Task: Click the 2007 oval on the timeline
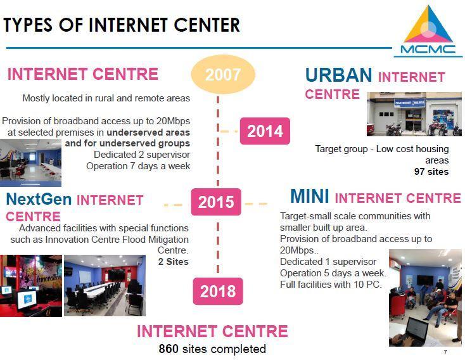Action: point(223,75)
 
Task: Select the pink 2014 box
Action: point(265,131)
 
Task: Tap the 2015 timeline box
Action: point(216,202)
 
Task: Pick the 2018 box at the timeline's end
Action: point(218,291)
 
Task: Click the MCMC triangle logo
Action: point(428,30)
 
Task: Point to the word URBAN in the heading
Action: point(338,75)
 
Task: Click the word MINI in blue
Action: point(310,196)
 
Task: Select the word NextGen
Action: point(39,199)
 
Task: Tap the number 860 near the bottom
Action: point(169,349)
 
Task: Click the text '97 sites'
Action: point(431,172)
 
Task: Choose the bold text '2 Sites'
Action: point(174,262)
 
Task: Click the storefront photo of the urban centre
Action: point(414,114)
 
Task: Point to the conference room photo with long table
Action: point(105,285)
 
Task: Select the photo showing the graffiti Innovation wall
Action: point(31,286)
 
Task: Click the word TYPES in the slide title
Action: point(28,25)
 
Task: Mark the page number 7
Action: point(445,352)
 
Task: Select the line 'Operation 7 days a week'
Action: point(138,166)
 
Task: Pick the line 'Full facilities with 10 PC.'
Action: point(331,285)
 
